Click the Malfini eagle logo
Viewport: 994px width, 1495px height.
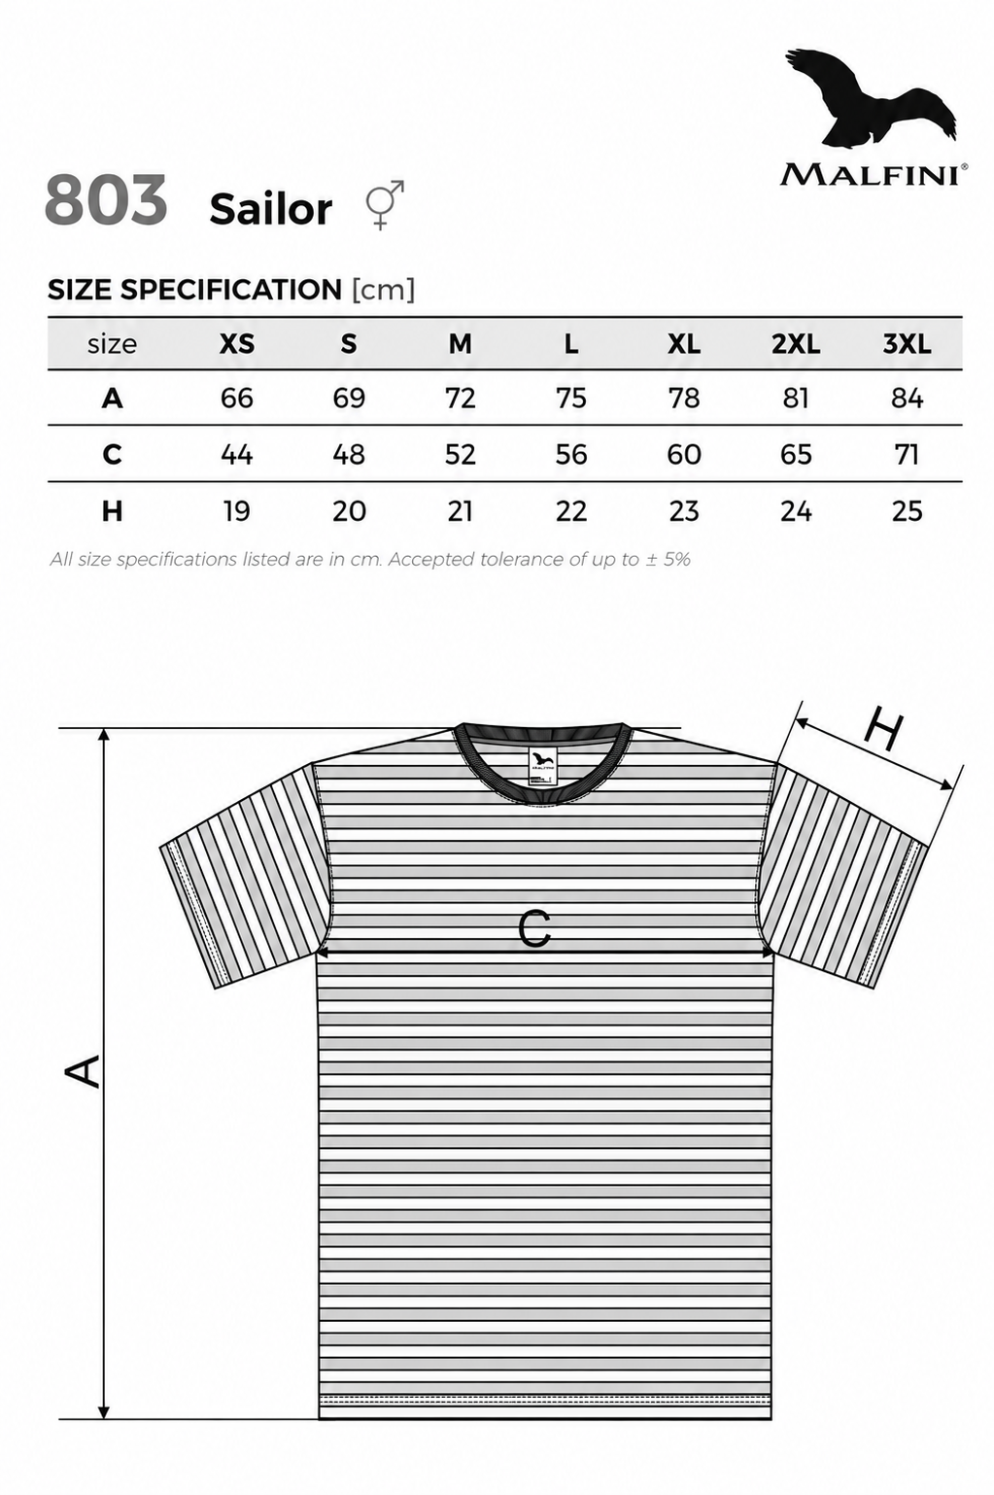870,97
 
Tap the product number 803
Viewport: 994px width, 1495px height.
106,199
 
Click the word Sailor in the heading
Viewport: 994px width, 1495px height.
271,209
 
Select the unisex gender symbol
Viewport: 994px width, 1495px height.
385,204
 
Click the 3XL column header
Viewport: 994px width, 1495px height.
907,344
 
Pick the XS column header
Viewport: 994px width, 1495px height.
237,344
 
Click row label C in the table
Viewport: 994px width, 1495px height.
112,455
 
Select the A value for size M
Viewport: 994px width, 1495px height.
461,399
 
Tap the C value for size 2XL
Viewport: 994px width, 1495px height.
795,455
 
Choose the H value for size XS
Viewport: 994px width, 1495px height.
237,511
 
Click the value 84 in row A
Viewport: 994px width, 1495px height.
907,399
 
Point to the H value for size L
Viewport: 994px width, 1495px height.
571,511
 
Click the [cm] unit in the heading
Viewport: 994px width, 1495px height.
383,290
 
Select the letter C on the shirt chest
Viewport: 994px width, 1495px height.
534,928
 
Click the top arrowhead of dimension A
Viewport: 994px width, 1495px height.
103,735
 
